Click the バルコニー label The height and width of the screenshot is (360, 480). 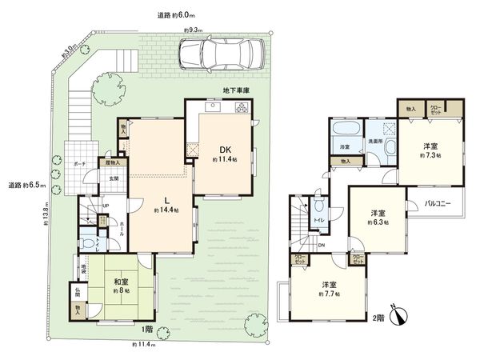point(439,204)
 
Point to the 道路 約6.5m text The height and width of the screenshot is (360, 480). point(23,186)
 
